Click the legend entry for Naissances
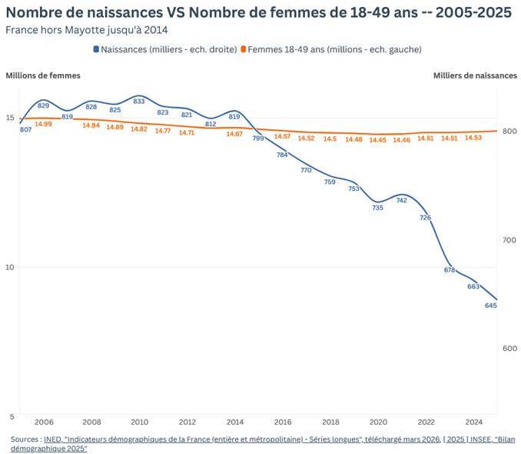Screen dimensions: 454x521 coord(164,49)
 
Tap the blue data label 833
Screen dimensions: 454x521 coord(139,101)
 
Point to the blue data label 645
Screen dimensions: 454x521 coord(491,305)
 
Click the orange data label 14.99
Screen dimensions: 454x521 coord(43,124)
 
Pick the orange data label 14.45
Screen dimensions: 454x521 coord(377,140)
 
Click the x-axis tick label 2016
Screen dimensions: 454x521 coord(282,422)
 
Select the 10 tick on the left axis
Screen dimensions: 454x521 coord(10,267)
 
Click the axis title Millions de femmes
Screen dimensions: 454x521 coord(43,75)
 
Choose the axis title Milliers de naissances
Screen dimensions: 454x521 coord(475,75)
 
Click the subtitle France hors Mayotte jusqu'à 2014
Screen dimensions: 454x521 coord(86,30)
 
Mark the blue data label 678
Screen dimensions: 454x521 coord(450,270)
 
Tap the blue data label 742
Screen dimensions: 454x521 coord(401,200)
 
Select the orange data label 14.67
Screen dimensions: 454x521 coord(234,134)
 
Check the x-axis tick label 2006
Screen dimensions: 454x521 coord(44,422)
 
